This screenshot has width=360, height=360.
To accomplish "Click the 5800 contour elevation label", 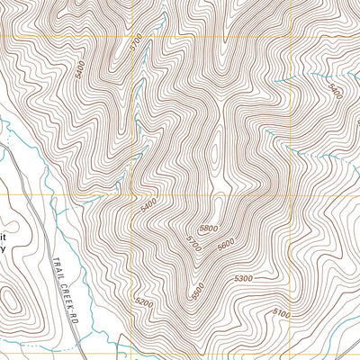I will tap(209, 229).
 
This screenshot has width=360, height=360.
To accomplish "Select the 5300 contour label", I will tap(243, 280).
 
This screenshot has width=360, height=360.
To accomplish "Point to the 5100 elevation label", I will tap(281, 313).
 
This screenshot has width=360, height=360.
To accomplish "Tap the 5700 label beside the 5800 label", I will tap(193, 243).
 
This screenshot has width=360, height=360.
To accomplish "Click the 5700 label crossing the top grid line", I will tap(136, 42).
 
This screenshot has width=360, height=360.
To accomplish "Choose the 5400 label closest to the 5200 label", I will tap(148, 205).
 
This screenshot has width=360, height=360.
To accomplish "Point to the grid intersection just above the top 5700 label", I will tap(132, 36).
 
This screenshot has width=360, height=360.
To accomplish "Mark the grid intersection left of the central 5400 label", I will tap(132, 193).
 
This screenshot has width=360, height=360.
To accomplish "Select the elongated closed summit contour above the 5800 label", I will tap(220, 180).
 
